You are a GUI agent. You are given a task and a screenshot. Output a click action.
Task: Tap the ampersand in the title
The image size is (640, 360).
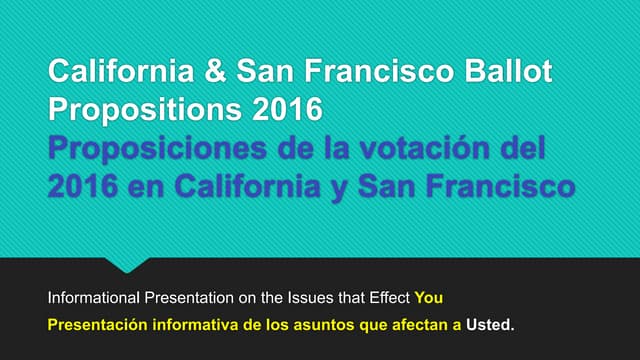[217, 73]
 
